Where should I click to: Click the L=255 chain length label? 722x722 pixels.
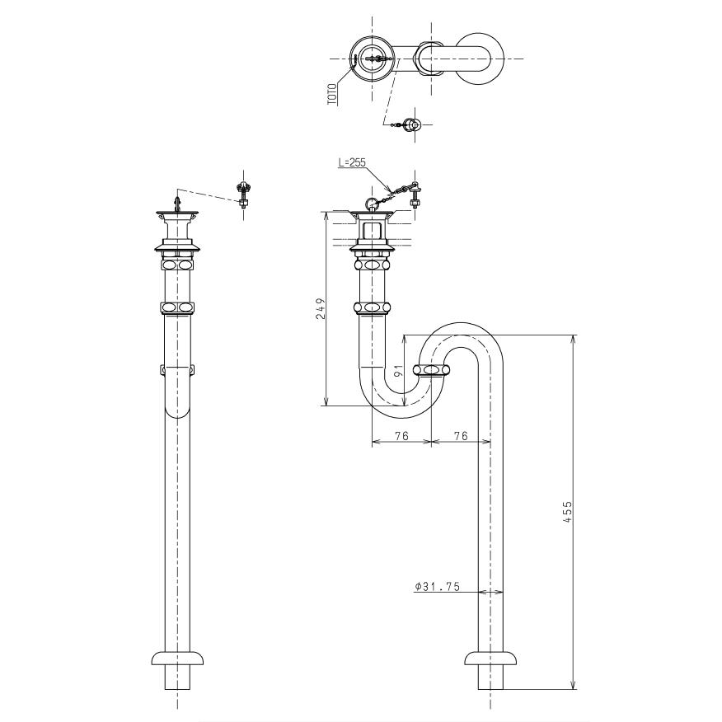tap(352, 163)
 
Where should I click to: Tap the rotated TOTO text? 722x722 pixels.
tap(332, 91)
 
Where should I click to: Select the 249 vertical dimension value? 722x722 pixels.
tap(321, 308)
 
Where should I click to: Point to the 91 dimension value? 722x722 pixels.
tap(398, 371)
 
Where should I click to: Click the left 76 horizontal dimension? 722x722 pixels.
tap(401, 436)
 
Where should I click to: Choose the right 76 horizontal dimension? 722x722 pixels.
tap(461, 436)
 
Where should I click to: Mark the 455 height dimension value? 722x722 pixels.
tap(568, 512)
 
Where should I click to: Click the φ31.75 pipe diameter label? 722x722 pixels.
tap(436, 586)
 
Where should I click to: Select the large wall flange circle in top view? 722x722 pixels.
tap(479, 59)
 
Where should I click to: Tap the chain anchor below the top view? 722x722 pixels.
tap(412, 124)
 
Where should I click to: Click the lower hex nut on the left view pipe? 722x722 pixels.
tap(177, 307)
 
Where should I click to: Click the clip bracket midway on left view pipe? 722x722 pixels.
tap(177, 368)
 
